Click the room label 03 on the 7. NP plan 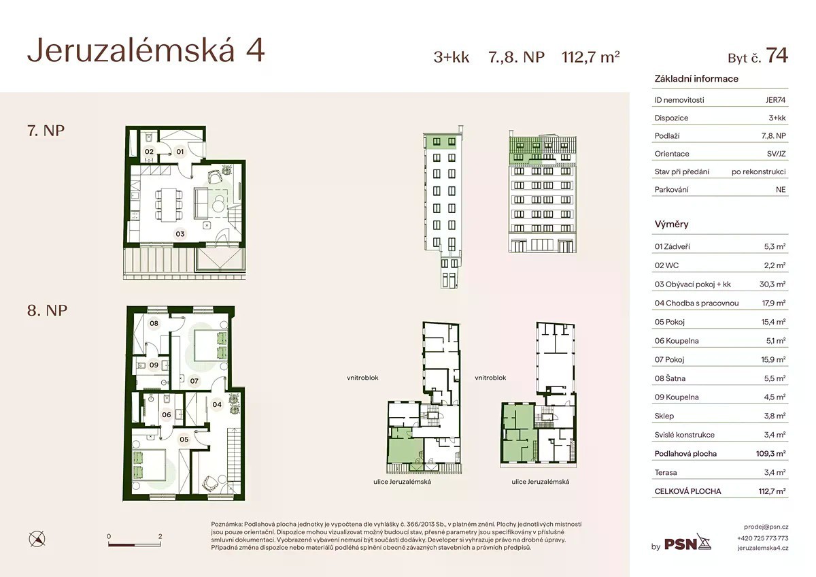click(x=180, y=234)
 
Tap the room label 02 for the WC click(x=149, y=152)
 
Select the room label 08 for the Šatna click(x=154, y=323)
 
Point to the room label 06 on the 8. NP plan click(x=167, y=415)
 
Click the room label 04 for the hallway click(x=217, y=404)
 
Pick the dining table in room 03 click(x=169, y=204)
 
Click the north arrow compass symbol click(x=37, y=539)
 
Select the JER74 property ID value click(x=775, y=100)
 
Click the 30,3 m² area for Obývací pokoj click(x=772, y=284)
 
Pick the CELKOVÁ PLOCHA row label click(x=687, y=491)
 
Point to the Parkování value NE click(x=781, y=190)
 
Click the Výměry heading click(x=671, y=224)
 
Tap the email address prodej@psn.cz click(x=766, y=527)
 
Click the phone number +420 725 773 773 click(x=763, y=538)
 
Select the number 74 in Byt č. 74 click(x=777, y=55)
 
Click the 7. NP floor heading click(x=46, y=131)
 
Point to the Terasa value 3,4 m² click(x=775, y=472)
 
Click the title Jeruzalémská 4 click(x=146, y=50)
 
